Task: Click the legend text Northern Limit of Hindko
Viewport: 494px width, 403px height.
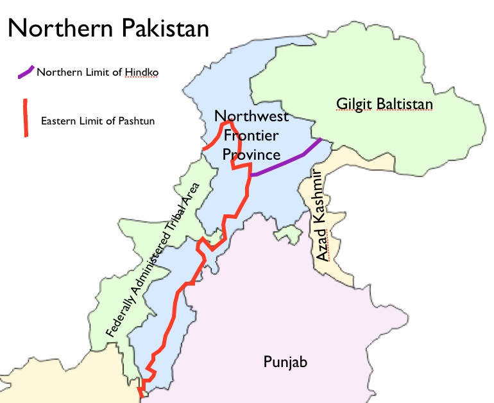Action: point(97,73)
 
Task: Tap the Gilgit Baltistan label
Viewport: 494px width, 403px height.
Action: point(385,103)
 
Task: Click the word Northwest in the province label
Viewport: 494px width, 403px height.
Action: point(251,117)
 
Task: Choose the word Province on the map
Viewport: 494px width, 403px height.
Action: point(251,155)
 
